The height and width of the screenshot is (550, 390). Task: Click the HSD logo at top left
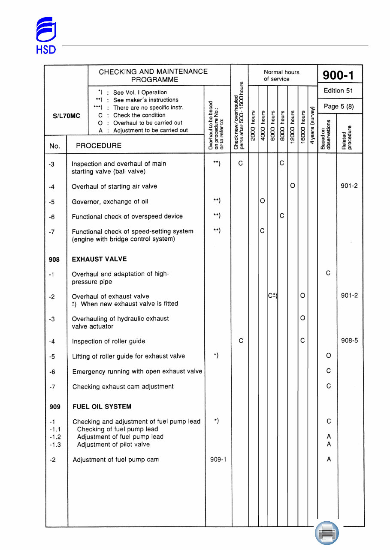(45, 36)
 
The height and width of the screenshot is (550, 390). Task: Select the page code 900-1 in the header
(339, 75)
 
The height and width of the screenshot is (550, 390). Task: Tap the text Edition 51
(339, 91)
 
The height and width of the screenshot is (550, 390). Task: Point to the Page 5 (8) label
(339, 106)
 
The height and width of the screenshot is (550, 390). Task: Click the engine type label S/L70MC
(67, 116)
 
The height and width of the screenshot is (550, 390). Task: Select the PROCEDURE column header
(99, 146)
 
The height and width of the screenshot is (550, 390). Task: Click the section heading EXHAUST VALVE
(99, 259)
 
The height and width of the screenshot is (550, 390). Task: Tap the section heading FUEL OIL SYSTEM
(102, 407)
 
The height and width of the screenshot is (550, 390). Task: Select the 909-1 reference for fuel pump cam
(218, 460)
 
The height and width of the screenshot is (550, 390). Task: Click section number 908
(54, 259)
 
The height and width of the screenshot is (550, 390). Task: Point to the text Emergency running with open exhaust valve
(137, 371)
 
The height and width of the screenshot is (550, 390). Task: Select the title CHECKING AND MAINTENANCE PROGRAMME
(154, 76)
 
